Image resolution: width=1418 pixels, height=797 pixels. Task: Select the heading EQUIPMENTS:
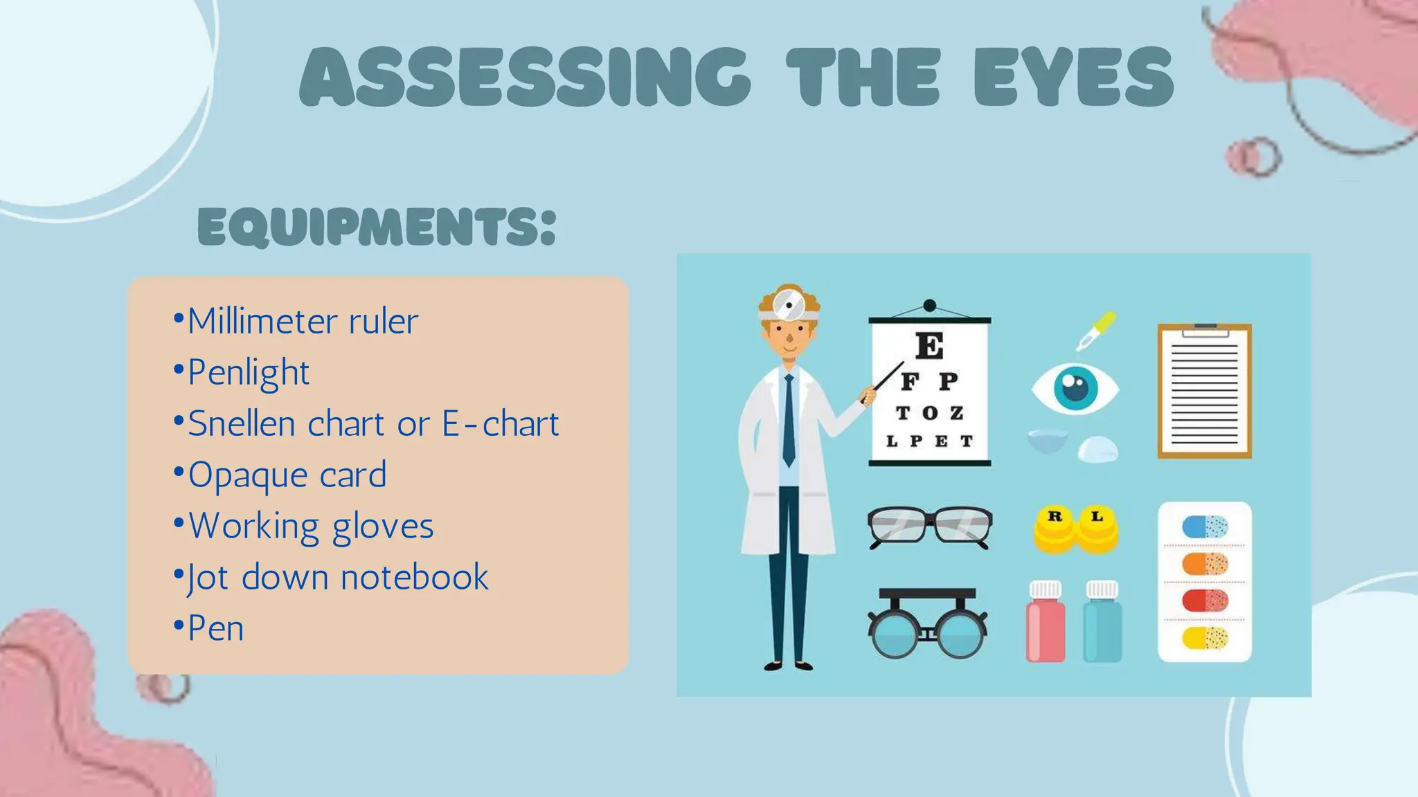[377, 227]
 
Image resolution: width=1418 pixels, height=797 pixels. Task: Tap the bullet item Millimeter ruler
[303, 321]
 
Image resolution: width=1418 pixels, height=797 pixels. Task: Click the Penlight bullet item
[249, 372]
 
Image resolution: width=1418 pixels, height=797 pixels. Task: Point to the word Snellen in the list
[242, 423]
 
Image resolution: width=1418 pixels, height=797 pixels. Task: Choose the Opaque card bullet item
[287, 475]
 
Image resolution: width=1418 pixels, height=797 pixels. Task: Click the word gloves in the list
[383, 526]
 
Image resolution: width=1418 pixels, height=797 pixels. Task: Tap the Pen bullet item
[215, 628]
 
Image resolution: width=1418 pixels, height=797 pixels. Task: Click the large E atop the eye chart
[929, 345]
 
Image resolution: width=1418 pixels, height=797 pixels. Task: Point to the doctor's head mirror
[788, 304]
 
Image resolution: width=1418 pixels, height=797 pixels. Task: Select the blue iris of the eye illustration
[1075, 387]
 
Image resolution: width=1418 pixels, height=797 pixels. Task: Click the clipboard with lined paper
[1204, 391]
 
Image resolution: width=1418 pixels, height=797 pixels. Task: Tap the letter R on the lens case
[1054, 516]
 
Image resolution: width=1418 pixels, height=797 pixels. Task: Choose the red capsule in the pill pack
[1205, 600]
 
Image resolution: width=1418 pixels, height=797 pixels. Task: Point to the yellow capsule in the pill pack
[1205, 638]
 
